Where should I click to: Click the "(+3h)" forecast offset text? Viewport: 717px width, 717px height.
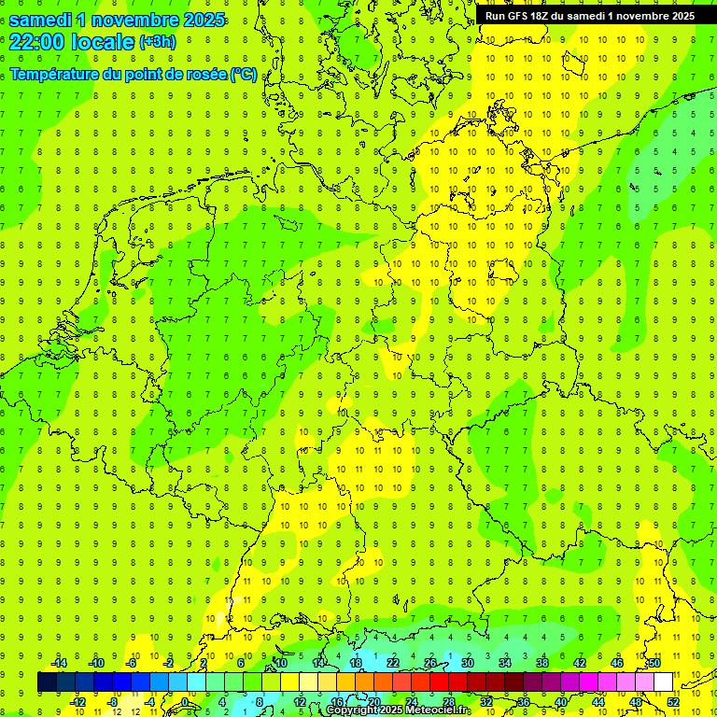pyautogui.click(x=157, y=42)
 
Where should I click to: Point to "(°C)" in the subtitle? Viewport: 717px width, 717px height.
pyautogui.click(x=244, y=74)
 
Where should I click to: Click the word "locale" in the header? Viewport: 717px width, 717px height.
pyautogui.click(x=100, y=42)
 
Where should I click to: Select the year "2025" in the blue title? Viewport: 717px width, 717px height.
pyautogui.click(x=200, y=19)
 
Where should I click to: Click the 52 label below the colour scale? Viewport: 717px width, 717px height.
pyautogui.click(x=673, y=701)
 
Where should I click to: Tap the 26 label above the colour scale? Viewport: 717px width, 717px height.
pyautogui.click(x=430, y=663)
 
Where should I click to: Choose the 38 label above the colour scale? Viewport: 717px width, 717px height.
pyautogui.click(x=542, y=663)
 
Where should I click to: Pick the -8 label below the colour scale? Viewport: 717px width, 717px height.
pyautogui.click(x=113, y=701)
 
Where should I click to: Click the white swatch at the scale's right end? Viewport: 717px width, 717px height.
pyautogui.click(x=663, y=682)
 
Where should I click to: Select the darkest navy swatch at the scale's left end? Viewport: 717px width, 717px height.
pyautogui.click(x=47, y=682)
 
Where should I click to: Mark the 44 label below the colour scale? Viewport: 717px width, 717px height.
pyautogui.click(x=598, y=701)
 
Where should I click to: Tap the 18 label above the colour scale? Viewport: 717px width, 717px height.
pyautogui.click(x=356, y=663)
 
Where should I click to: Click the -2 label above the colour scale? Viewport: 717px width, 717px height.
pyautogui.click(x=169, y=663)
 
